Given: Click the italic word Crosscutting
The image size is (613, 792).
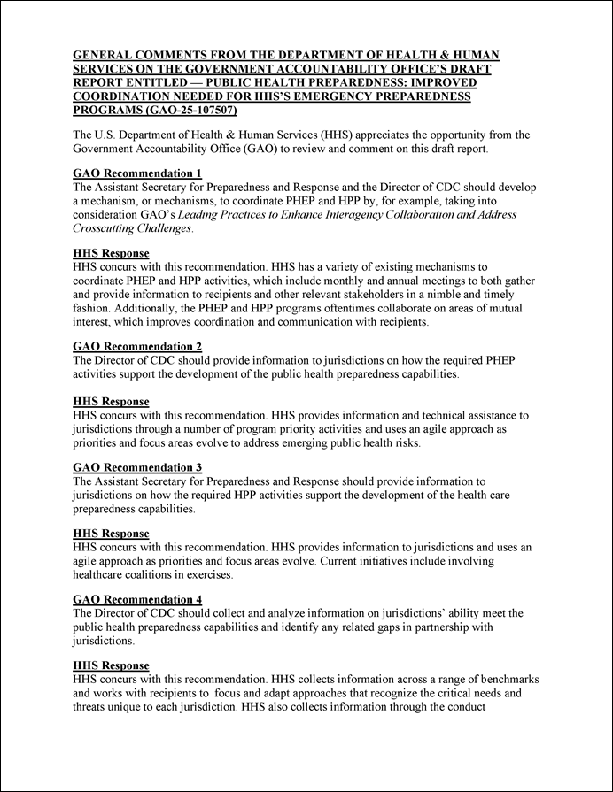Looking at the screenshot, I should click(x=109, y=228).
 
